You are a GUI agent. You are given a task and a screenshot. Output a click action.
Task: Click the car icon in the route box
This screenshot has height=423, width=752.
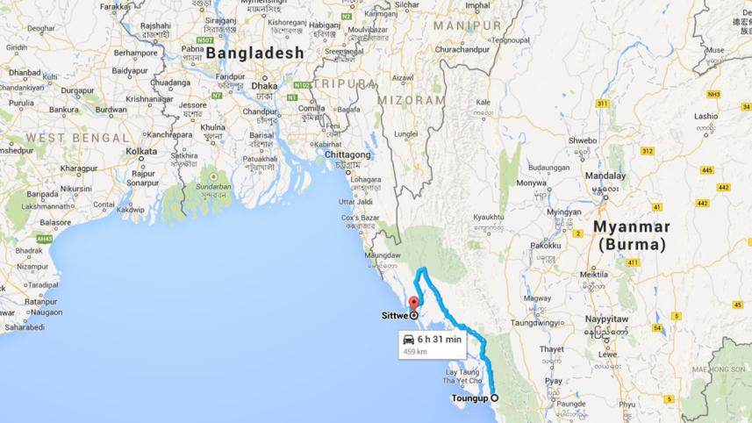[x=407, y=339]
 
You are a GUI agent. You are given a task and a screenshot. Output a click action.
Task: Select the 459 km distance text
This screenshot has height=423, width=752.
[x=415, y=351]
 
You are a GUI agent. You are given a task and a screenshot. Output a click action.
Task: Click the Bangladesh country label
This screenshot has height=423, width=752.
[x=255, y=54]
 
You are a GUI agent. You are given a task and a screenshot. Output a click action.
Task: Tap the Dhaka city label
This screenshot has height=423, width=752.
[x=264, y=86]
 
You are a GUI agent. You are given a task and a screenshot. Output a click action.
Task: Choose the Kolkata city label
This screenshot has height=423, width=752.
[x=141, y=151]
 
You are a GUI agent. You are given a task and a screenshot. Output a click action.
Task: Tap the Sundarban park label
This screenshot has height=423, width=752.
[x=213, y=186]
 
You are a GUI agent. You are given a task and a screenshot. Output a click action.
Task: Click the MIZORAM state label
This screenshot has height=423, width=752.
[x=412, y=101]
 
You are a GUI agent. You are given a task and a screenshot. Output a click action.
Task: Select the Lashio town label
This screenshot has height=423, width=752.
[x=705, y=116]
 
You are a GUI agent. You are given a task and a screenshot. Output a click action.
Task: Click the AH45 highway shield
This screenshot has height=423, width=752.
[x=46, y=238]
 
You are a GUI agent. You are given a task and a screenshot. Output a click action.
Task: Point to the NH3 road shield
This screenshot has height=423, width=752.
[x=713, y=94]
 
